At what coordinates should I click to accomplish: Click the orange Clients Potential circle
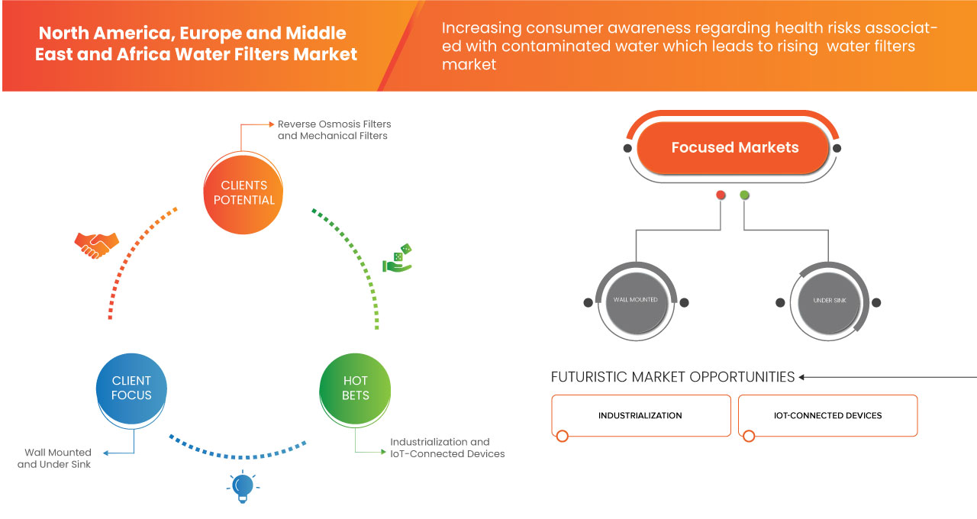tap(244, 192)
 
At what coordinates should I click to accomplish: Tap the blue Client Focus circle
tap(131, 388)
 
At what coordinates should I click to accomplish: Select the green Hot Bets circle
tap(355, 388)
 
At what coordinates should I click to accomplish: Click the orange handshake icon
tap(96, 244)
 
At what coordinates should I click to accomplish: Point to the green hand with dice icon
tap(397, 259)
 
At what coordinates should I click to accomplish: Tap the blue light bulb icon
tap(243, 487)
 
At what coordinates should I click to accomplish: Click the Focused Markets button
tap(734, 147)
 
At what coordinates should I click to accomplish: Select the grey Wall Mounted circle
tap(636, 301)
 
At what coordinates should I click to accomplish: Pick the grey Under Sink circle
tap(827, 301)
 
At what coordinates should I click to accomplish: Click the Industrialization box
tap(640, 416)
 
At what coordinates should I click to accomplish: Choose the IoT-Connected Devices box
tap(827, 416)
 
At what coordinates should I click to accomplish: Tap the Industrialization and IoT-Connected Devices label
tap(447, 448)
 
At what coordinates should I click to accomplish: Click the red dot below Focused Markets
tap(721, 195)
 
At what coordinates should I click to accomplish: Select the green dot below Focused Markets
tap(745, 195)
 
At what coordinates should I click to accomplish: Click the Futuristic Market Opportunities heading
tap(672, 377)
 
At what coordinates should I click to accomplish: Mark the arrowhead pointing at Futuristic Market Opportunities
tap(803, 377)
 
